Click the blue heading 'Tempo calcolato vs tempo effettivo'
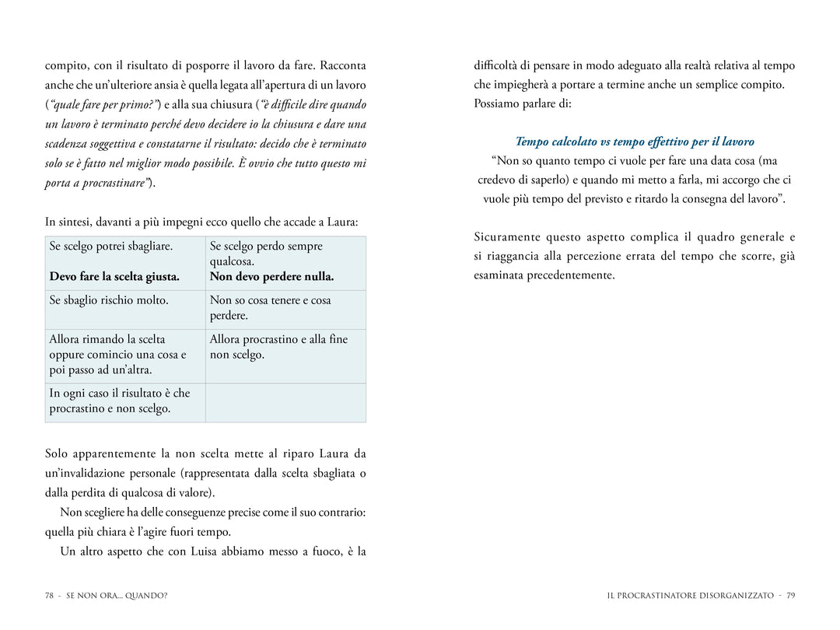point(635,142)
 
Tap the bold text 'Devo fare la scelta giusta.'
point(114,276)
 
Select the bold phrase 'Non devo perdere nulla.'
point(271,276)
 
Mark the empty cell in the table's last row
point(285,402)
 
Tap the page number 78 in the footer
point(49,596)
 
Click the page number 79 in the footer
point(790,596)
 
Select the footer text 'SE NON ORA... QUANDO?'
point(117,596)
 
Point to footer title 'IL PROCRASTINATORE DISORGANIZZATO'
point(691,596)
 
